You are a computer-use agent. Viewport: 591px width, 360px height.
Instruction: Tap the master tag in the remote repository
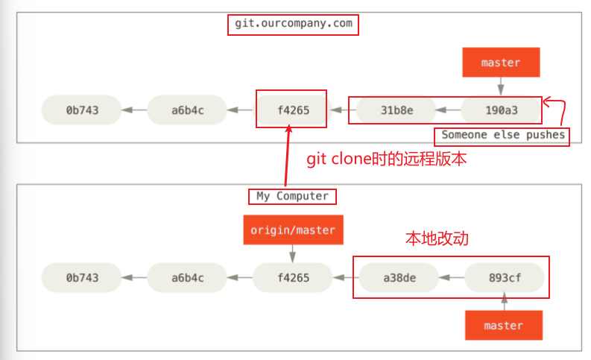pyautogui.click(x=500, y=63)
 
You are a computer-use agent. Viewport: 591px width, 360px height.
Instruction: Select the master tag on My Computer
pyautogui.click(x=503, y=325)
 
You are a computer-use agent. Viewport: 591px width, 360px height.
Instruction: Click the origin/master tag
pyautogui.click(x=293, y=230)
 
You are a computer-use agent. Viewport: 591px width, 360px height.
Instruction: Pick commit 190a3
pyautogui.click(x=500, y=110)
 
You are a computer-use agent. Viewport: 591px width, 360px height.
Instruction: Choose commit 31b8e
pyautogui.click(x=396, y=110)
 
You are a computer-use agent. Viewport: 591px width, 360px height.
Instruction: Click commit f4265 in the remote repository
pyautogui.click(x=292, y=110)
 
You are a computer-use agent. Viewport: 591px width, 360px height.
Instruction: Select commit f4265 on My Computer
pyautogui.click(x=292, y=277)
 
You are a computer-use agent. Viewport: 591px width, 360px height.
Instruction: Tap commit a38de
pyautogui.click(x=399, y=277)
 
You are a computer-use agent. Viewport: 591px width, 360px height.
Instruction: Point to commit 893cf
pyautogui.click(x=504, y=277)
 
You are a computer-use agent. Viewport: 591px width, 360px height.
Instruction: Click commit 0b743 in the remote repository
pyautogui.click(x=82, y=110)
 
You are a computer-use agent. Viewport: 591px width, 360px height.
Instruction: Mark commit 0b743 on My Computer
pyautogui.click(x=82, y=277)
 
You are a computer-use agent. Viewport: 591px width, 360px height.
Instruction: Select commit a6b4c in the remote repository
pyautogui.click(x=187, y=110)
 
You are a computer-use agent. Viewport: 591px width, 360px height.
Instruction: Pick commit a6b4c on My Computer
pyautogui.click(x=187, y=277)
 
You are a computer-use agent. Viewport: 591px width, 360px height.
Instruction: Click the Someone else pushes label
pyautogui.click(x=502, y=136)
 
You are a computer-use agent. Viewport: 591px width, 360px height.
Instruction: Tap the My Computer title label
pyautogui.click(x=292, y=196)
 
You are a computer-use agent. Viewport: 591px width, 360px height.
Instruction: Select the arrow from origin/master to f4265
pyautogui.click(x=292, y=254)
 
